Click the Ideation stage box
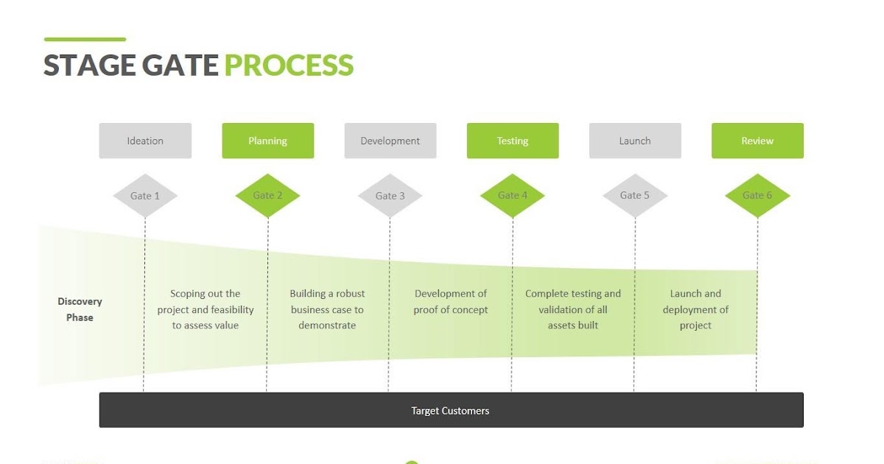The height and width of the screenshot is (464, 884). [145, 141]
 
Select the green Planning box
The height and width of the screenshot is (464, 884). [268, 141]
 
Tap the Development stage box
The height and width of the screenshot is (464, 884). [390, 141]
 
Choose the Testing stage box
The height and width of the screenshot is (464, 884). [513, 141]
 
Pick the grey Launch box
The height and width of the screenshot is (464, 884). [635, 141]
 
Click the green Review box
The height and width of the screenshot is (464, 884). [757, 141]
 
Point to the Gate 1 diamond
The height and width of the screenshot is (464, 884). [145, 196]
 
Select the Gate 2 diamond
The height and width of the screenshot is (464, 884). [267, 196]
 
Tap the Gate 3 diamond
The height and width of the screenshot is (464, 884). [390, 196]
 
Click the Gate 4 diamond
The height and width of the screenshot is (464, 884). [513, 196]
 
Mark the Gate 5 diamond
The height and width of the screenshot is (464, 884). [635, 196]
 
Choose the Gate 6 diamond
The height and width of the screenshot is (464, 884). [757, 196]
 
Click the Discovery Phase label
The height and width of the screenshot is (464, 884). [80, 309]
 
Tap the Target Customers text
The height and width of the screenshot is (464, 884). [450, 411]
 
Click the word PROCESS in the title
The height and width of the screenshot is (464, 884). [289, 65]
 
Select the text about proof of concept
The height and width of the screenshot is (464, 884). [450, 301]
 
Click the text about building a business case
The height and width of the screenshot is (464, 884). [327, 309]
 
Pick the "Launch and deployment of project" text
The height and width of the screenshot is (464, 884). [695, 309]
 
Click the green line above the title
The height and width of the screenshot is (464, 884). [85, 40]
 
